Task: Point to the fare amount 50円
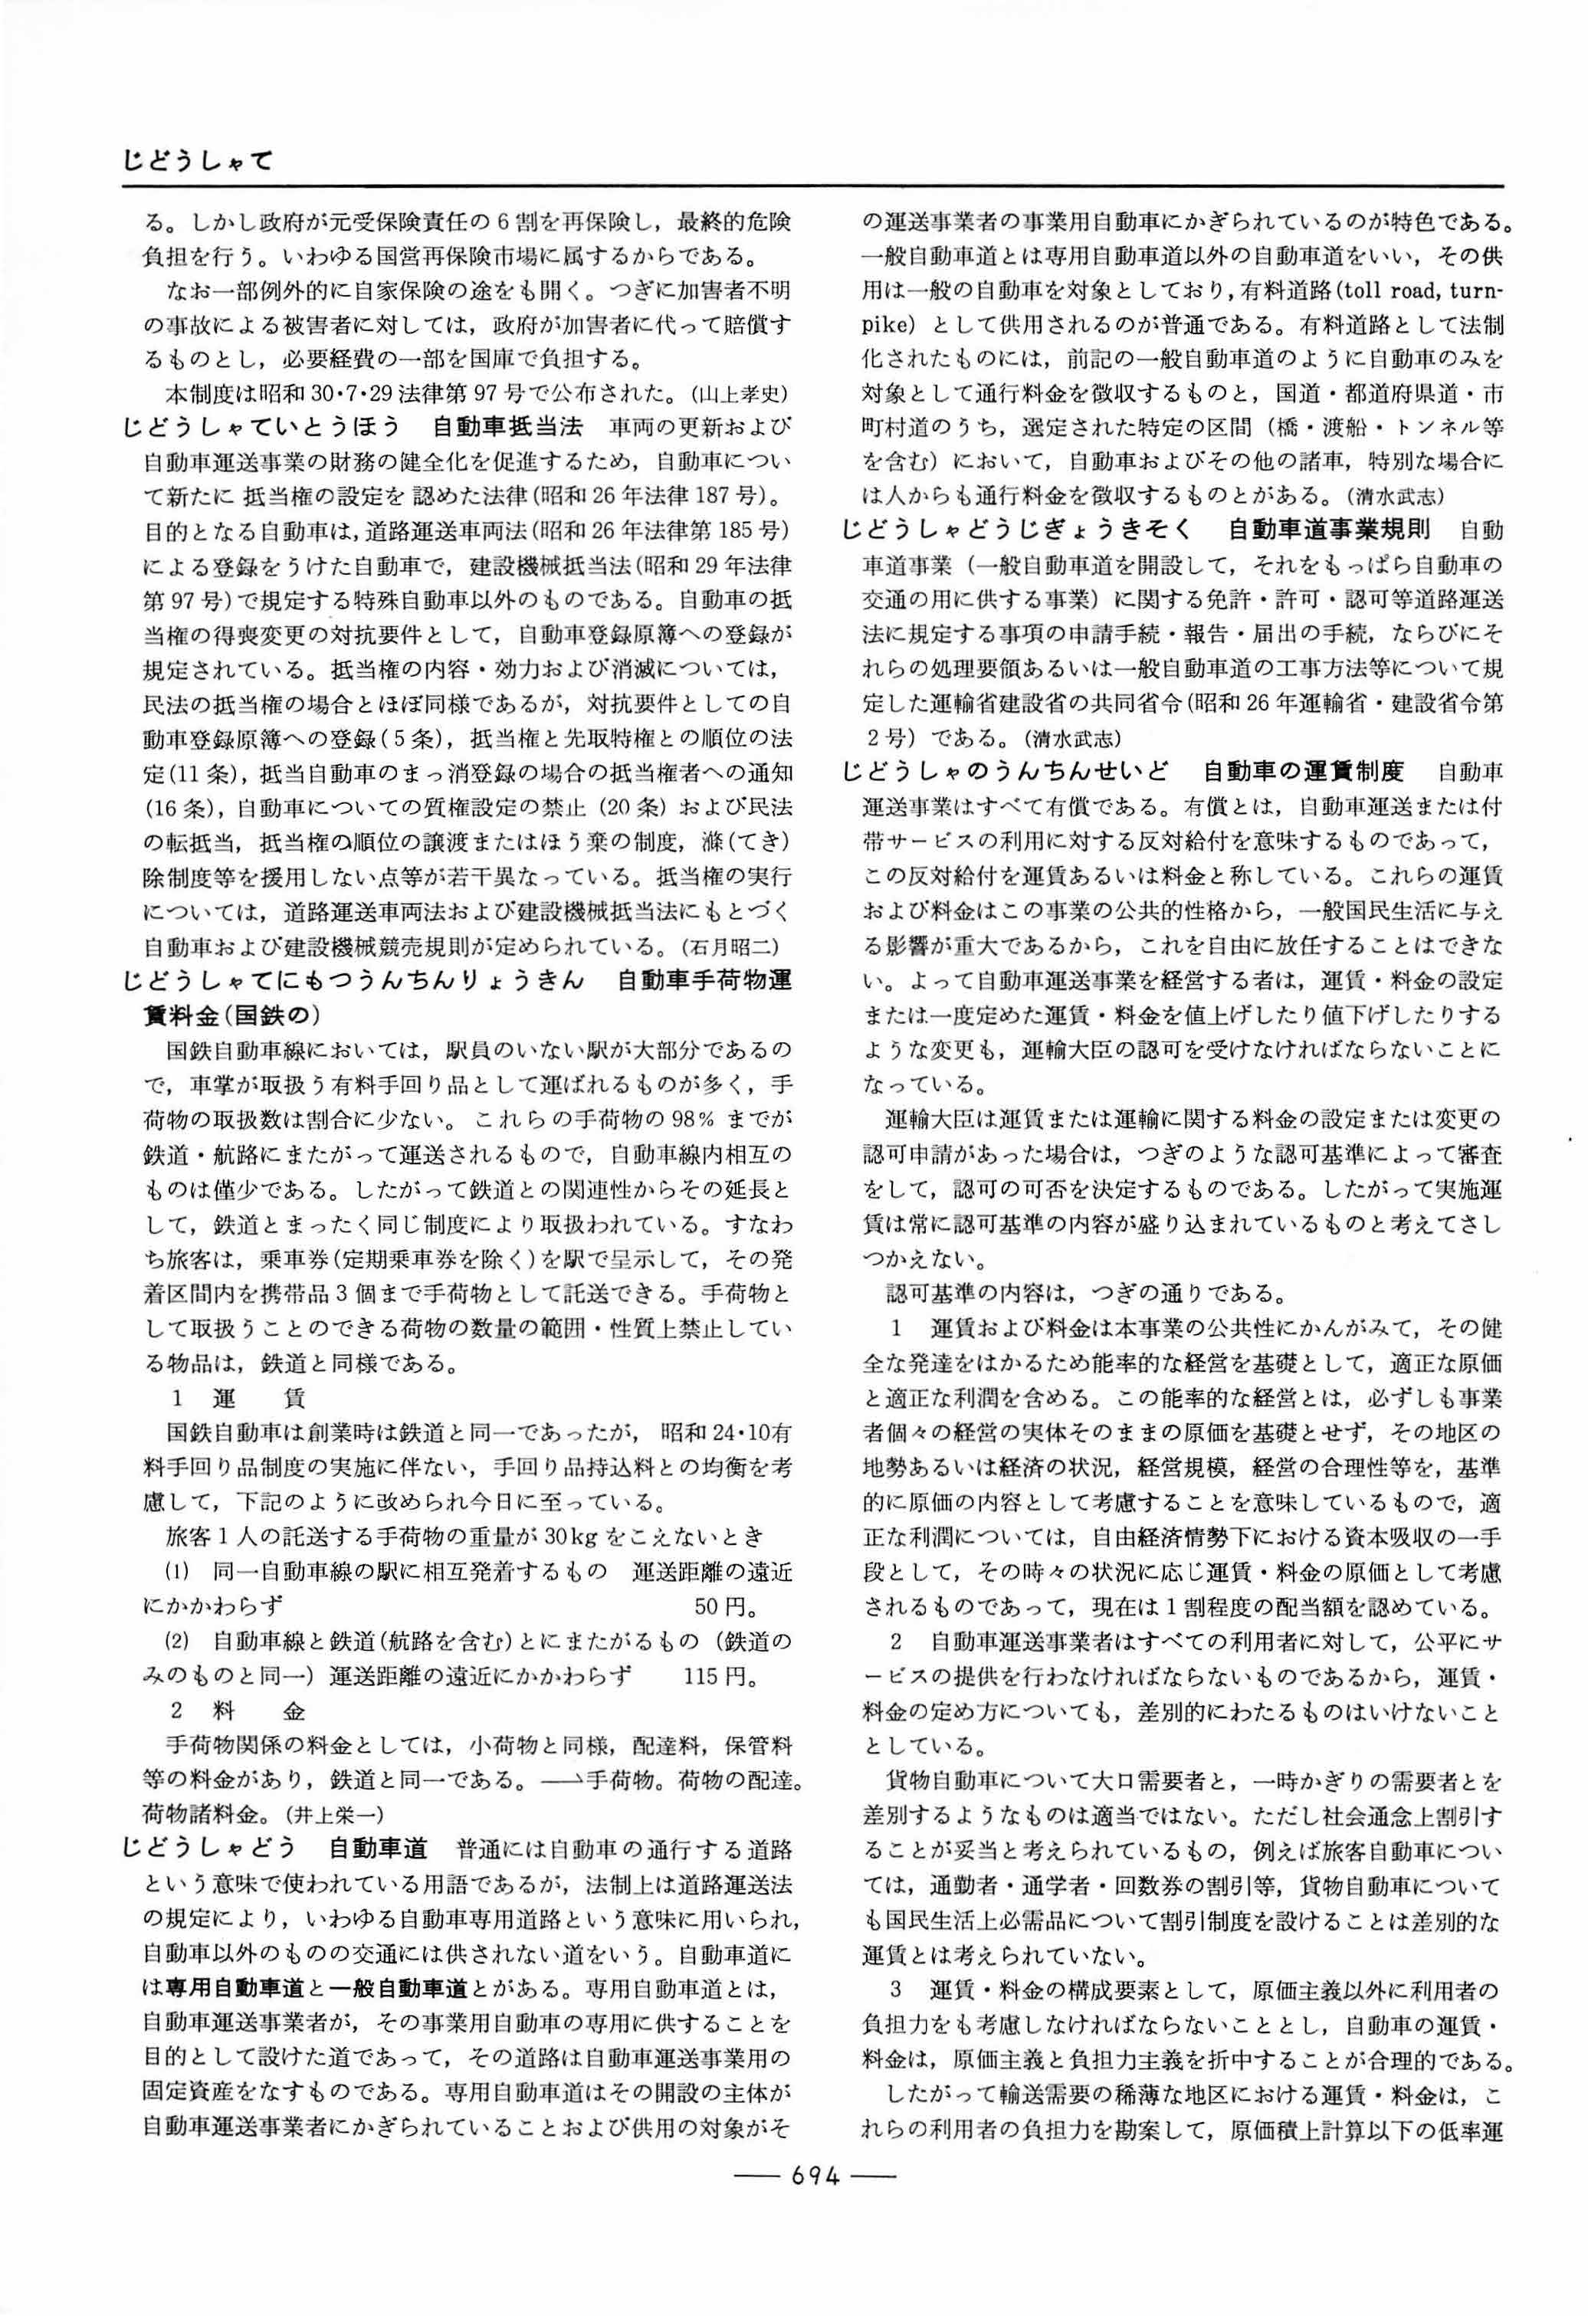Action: [x=723, y=1606]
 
